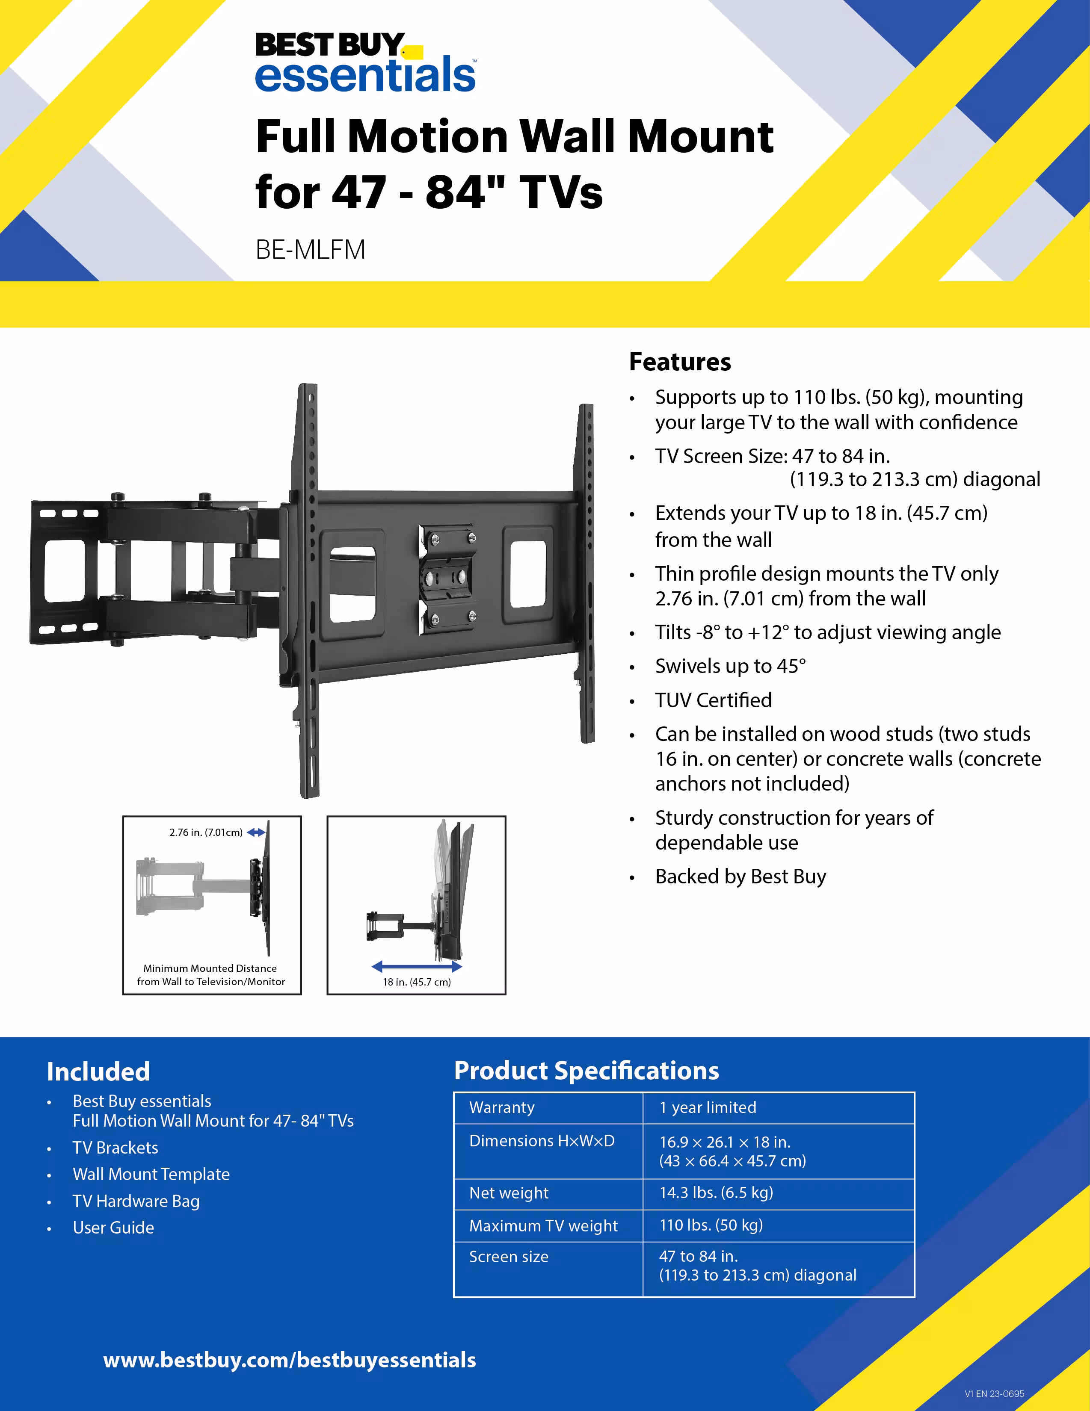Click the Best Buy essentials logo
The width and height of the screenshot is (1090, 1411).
(365, 63)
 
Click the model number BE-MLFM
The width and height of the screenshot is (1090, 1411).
(310, 249)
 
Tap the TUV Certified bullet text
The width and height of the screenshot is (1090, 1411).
(713, 700)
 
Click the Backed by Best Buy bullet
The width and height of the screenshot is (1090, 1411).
(740, 877)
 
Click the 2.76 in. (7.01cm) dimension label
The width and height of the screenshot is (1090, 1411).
(206, 832)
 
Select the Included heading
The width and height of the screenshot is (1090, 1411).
(98, 1072)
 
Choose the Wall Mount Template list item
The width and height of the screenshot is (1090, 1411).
(151, 1174)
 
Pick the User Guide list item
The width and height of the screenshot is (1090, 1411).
(113, 1228)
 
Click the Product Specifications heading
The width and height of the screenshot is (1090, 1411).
(586, 1071)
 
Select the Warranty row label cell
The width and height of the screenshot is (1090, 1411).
(502, 1107)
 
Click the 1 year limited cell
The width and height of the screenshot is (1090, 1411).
(707, 1107)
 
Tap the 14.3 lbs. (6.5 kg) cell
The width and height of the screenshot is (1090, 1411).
(716, 1193)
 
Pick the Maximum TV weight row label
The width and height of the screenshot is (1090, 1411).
(543, 1225)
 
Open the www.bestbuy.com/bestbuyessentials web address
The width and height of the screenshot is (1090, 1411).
(290, 1360)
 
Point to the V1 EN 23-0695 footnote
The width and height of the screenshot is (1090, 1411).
(994, 1393)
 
